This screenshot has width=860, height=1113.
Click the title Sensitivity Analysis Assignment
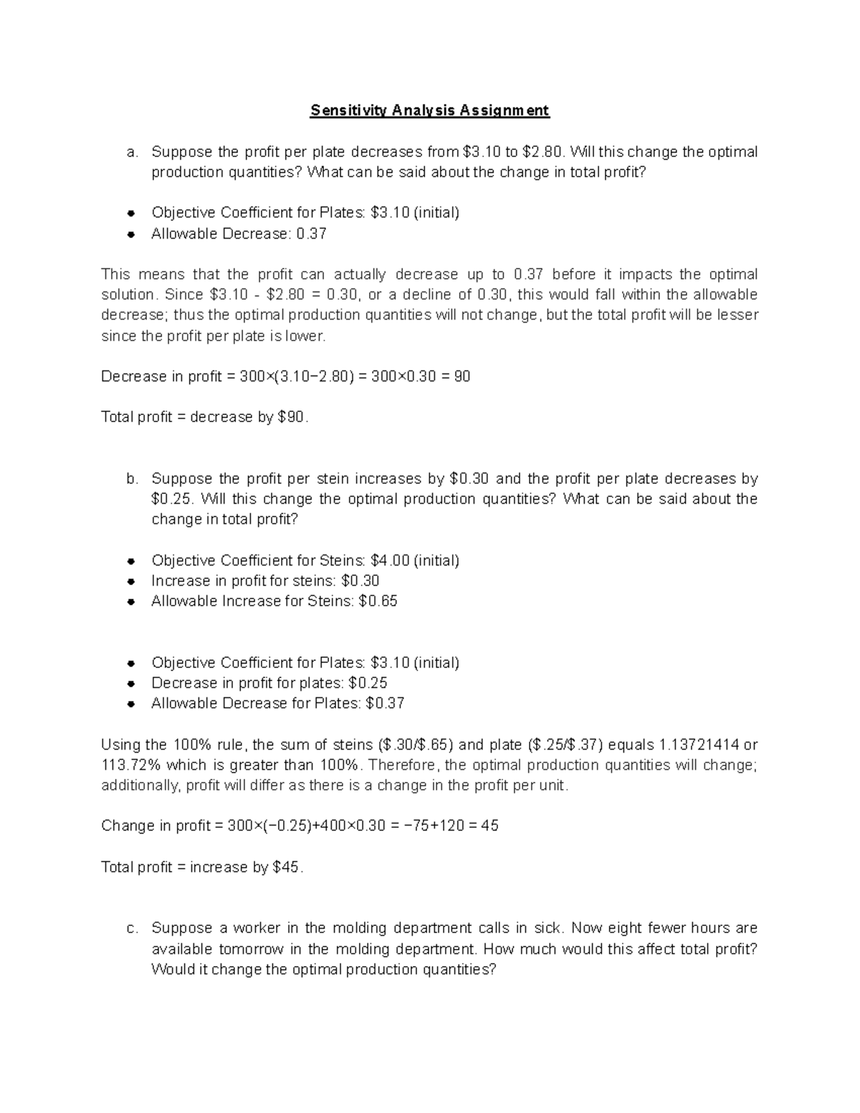(429, 110)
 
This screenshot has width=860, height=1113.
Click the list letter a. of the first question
(131, 152)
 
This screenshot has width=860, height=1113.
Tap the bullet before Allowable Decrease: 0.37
(131, 234)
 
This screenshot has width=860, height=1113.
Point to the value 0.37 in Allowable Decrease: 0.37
(312, 234)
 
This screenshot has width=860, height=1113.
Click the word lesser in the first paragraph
(739, 315)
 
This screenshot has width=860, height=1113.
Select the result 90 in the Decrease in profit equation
(462, 376)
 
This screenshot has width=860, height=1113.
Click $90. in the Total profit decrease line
(292, 417)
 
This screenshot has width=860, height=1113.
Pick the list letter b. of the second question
(131, 479)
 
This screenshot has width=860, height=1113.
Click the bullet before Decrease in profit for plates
(131, 684)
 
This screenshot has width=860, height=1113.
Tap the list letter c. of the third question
(131, 929)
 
